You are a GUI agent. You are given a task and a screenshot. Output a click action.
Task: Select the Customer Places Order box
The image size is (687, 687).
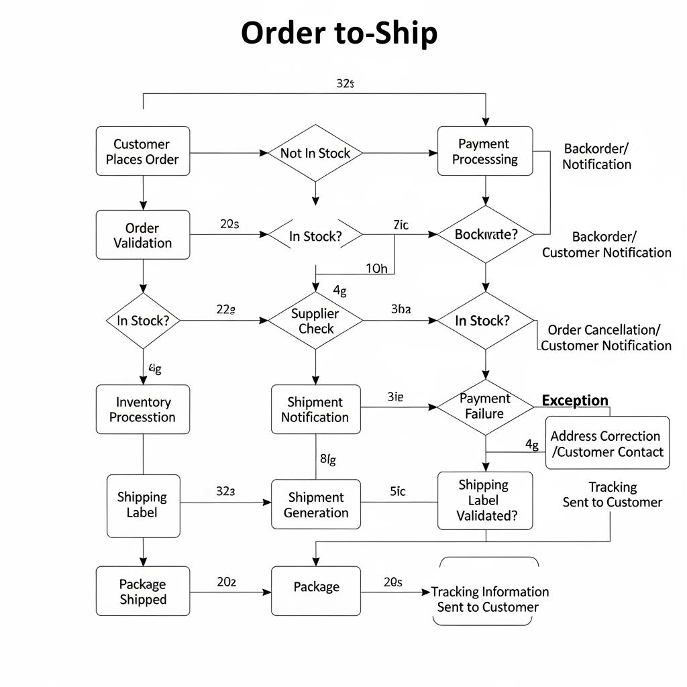[142, 152]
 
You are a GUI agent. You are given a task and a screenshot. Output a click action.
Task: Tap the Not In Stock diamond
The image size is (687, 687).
[315, 153]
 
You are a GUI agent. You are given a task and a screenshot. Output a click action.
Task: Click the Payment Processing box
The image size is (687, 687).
[484, 152]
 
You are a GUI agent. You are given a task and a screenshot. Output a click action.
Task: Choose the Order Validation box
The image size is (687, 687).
[142, 235]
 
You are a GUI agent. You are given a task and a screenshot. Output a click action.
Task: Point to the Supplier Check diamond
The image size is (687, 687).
[315, 321]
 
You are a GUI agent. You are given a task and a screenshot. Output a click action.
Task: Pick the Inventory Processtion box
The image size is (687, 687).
[142, 409]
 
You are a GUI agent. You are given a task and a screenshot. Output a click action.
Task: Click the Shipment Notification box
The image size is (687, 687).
[315, 409]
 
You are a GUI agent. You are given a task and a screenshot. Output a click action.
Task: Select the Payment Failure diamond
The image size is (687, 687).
[484, 406]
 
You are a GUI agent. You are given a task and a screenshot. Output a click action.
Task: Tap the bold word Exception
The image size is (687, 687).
[574, 401]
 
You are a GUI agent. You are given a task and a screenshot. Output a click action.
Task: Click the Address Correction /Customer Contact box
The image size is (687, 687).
[607, 443]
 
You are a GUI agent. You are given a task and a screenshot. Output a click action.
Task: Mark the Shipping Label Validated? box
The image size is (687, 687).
[484, 500]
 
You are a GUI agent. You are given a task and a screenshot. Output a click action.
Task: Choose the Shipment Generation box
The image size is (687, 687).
[315, 505]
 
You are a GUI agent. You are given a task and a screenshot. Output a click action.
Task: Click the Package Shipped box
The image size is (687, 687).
[142, 591]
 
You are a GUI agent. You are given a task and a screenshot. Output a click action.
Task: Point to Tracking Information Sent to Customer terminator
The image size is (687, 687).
[488, 599]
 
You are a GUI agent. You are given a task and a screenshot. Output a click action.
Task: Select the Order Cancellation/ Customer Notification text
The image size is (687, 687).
[605, 337]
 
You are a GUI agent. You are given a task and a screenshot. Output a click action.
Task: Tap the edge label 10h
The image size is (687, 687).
[376, 268]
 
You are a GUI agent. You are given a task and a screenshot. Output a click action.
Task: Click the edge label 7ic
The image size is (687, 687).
[400, 225]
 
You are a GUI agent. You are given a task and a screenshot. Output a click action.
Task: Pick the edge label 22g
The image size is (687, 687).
[225, 310]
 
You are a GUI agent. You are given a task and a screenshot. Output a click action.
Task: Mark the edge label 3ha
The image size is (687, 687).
[401, 310]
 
